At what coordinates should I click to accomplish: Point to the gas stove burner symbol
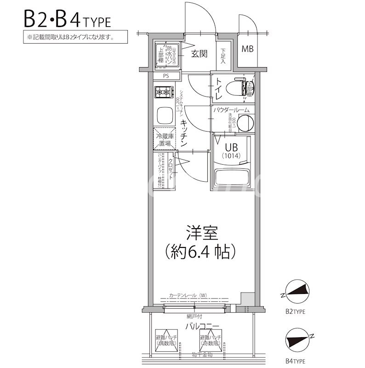163,92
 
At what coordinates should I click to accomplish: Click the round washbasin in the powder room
246,122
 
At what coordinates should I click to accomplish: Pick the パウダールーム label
231,110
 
